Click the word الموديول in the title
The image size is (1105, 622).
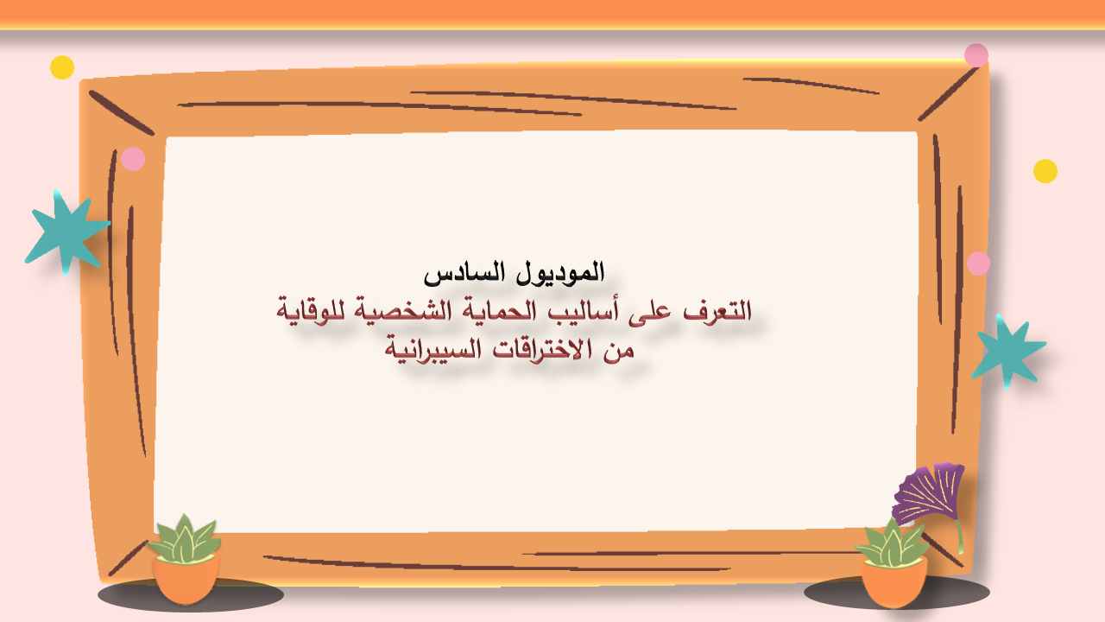(560, 273)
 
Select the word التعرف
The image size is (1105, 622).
(717, 311)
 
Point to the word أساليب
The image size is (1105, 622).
(578, 311)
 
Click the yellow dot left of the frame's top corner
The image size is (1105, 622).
(62, 67)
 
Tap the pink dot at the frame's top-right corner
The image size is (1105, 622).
(976, 55)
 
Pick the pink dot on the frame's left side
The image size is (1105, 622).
(133, 159)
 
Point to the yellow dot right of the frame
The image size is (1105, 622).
(1045, 171)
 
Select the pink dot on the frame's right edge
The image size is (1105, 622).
(978, 263)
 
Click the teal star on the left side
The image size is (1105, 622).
(67, 233)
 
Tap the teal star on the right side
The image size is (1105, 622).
(1007, 352)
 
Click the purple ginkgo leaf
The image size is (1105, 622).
(929, 493)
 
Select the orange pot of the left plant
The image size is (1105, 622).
(186, 580)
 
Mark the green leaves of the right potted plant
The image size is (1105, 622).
(892, 543)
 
